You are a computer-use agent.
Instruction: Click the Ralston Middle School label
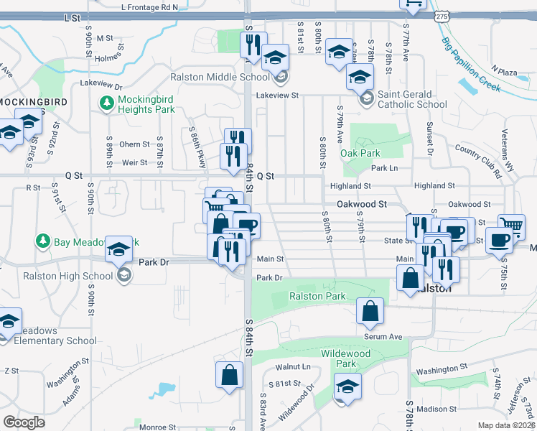click(220, 77)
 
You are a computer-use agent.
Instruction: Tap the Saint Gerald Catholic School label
click(413, 99)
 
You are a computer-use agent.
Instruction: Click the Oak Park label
click(360, 153)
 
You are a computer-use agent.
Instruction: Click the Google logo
click(24, 422)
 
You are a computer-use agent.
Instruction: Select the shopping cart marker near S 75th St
click(511, 227)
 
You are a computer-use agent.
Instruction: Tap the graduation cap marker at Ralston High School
click(119, 249)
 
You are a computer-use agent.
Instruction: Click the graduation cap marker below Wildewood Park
click(347, 386)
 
